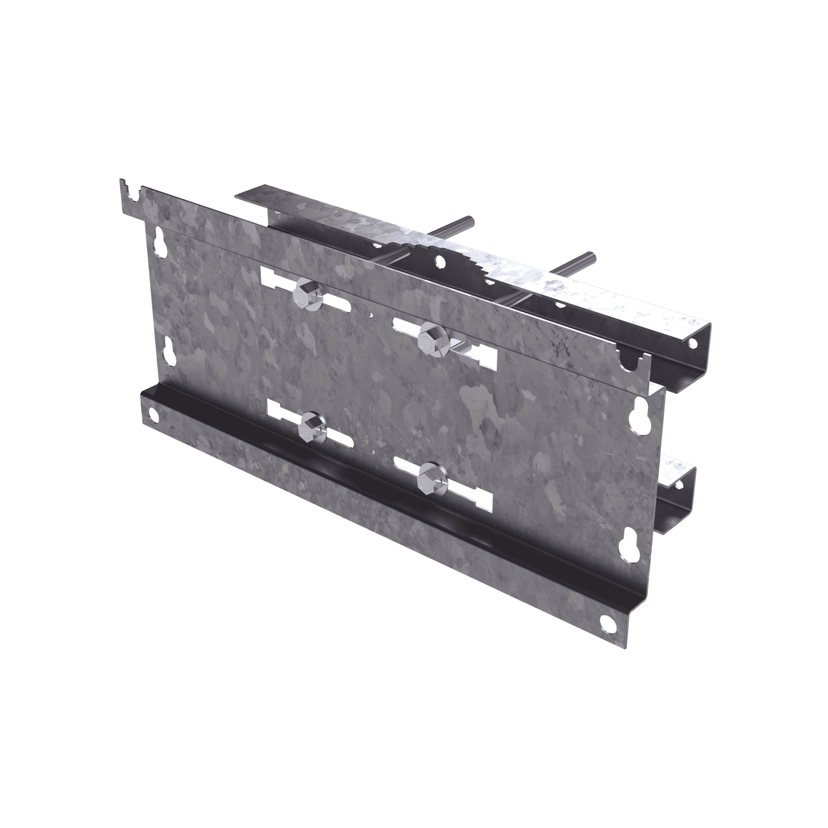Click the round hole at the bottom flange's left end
(153, 413)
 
